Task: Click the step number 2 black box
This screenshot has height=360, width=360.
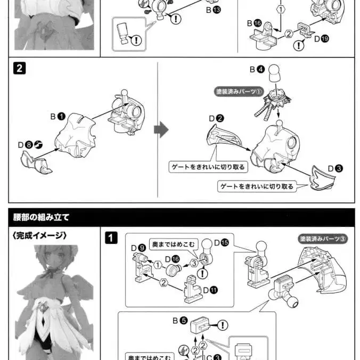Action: pos(19,69)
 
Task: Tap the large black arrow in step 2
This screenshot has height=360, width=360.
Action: pos(161,129)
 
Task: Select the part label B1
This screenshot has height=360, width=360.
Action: pos(58,116)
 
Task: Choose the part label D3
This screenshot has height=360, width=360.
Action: pos(335,168)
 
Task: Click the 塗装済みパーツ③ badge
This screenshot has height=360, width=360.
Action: pos(323,239)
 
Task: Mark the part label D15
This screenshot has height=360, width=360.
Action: pos(221,243)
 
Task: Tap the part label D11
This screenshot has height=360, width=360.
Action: pos(210,290)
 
